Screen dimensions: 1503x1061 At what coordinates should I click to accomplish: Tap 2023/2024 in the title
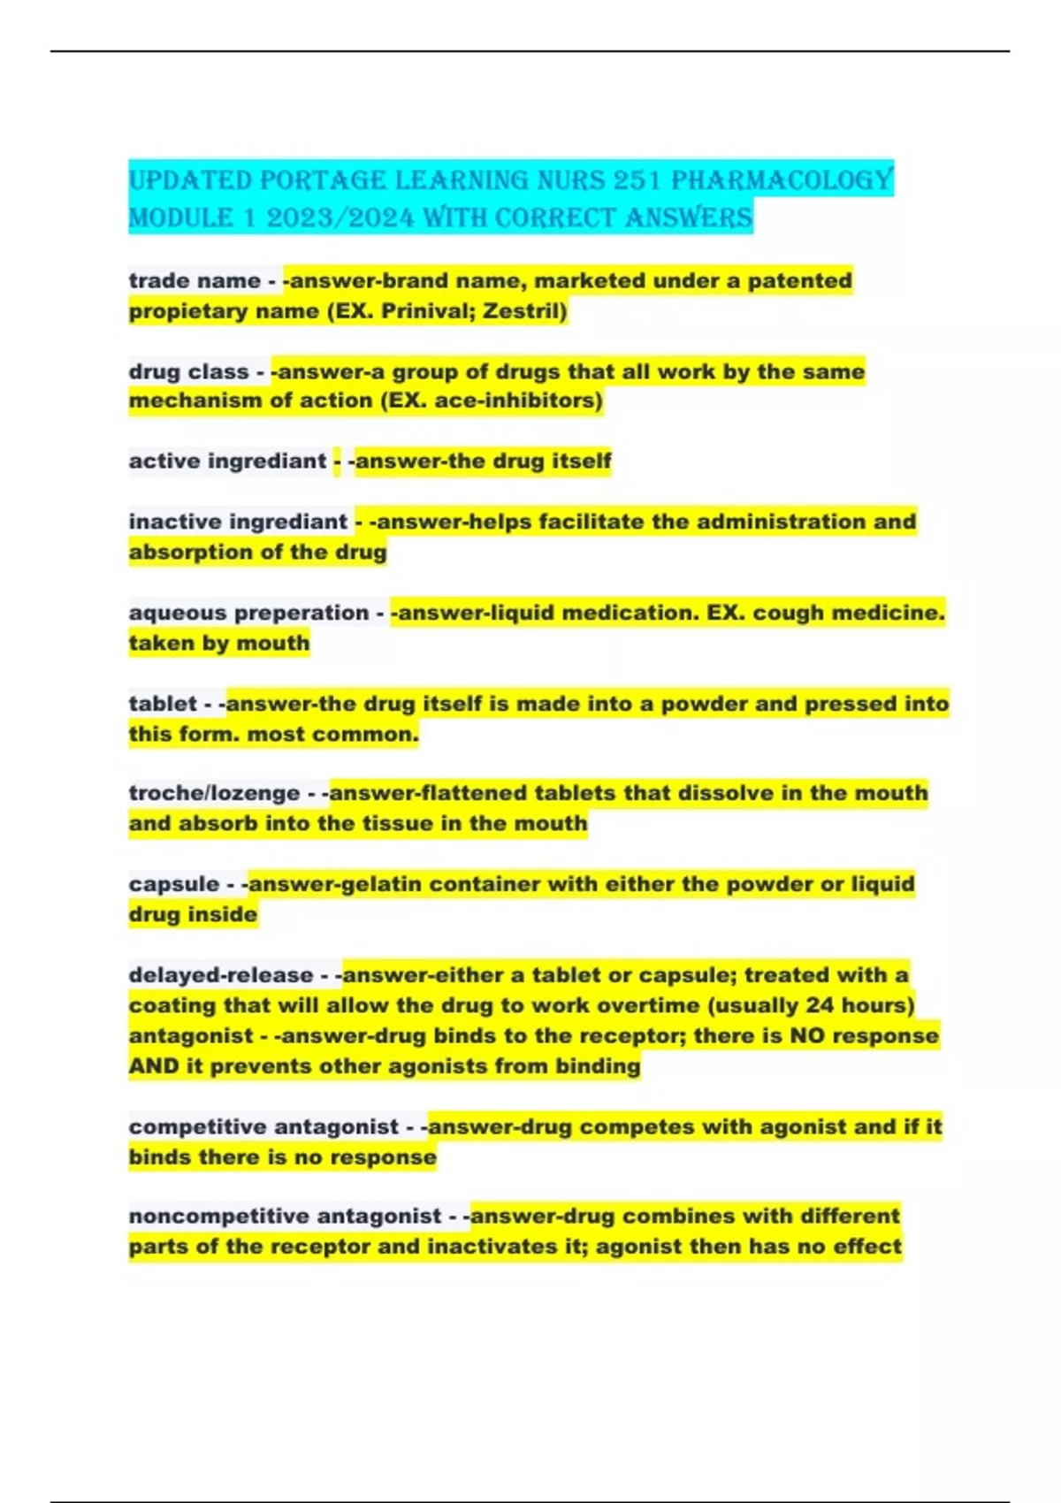(340, 217)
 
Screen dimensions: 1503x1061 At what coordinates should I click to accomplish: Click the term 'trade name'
(195, 280)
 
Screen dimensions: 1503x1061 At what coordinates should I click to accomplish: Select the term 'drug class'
(188, 371)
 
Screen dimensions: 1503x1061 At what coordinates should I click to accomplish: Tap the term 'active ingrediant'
(227, 461)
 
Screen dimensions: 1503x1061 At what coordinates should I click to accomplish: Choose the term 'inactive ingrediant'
(238, 522)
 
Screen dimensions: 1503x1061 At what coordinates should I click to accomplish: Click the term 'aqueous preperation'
(248, 613)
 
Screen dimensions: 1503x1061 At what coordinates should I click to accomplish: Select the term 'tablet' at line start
(163, 704)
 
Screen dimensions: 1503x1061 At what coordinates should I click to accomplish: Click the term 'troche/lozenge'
(214, 793)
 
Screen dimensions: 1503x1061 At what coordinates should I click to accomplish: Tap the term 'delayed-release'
(221, 975)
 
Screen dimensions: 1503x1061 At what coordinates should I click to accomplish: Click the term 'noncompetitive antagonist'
(285, 1217)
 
